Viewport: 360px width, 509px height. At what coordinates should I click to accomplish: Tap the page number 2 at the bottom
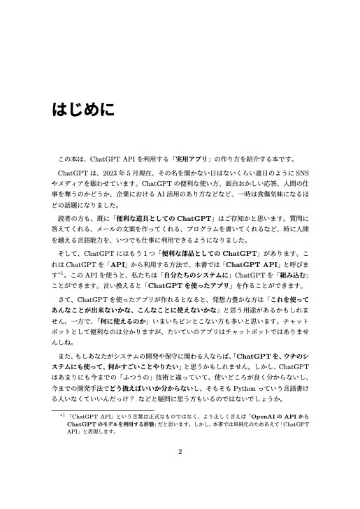click(x=180, y=452)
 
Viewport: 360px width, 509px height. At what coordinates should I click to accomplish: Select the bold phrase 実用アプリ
click(x=210, y=157)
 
